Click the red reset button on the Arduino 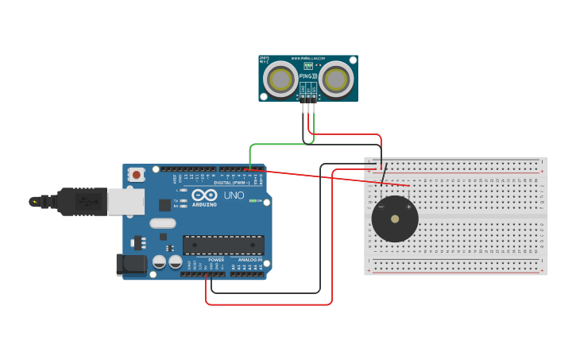pyautogui.click(x=137, y=174)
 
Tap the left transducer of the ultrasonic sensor pyautogui.click(x=280, y=79)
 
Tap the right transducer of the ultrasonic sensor pyautogui.click(x=336, y=79)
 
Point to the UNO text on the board pyautogui.click(x=234, y=195)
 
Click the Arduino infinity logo pyautogui.click(x=203, y=195)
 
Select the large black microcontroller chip pyautogui.click(x=223, y=246)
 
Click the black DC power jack pyautogui.click(x=131, y=264)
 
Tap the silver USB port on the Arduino pyautogui.click(x=126, y=202)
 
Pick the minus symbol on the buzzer pyautogui.click(x=381, y=207)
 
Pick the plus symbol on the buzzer pyautogui.click(x=409, y=207)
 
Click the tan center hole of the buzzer pyautogui.click(x=395, y=219)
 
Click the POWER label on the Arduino pyautogui.click(x=216, y=260)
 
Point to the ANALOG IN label pyautogui.click(x=249, y=260)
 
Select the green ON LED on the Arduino pyautogui.click(x=252, y=200)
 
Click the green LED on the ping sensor pyautogui.click(x=308, y=66)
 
